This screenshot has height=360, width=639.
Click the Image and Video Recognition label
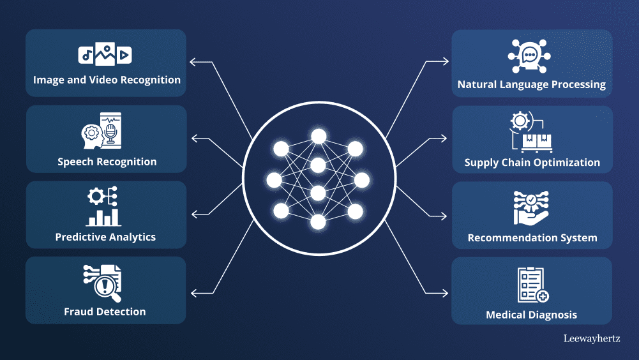coord(107,80)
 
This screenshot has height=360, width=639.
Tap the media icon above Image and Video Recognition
coord(105,55)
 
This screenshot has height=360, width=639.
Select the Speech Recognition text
coord(107,161)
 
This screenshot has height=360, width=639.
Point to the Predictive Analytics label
coord(105,237)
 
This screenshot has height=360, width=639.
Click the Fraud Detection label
coord(105,312)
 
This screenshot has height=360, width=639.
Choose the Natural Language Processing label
coord(532,84)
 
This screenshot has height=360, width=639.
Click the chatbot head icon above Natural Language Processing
coord(530,56)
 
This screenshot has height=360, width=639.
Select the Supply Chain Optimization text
coord(532,162)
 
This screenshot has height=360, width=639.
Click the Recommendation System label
coord(532,238)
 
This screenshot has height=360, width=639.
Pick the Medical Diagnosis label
coord(531,315)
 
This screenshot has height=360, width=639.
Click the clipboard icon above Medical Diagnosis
coord(532,285)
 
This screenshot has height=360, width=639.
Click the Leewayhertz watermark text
coord(592,339)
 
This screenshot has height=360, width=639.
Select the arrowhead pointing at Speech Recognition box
coord(193,138)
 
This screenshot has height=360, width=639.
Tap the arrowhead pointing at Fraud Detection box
coord(193,293)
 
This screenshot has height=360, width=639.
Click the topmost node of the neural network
coord(318,135)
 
